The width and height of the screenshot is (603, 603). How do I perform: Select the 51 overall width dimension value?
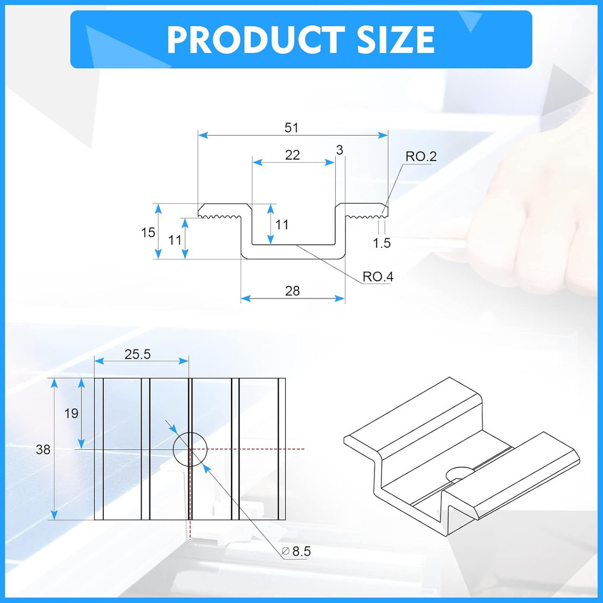pos(292,128)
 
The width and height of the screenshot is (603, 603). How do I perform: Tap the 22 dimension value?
pos(292,155)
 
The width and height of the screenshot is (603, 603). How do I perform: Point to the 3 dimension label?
pos(339,150)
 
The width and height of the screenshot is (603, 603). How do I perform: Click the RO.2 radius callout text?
pos(421,157)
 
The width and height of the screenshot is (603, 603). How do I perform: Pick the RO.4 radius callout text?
pos(378,277)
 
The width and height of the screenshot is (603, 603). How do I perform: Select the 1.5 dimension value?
pos(382,243)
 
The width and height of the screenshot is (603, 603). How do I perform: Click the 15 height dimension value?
pos(148,232)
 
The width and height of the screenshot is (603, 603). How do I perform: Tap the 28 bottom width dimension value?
pos(292,291)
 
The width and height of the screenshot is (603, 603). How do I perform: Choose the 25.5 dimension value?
pos(137,355)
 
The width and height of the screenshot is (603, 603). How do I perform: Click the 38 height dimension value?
pos(43,449)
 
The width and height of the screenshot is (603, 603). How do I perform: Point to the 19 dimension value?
pos(71,413)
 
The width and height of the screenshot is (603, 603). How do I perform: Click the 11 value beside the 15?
pos(175,239)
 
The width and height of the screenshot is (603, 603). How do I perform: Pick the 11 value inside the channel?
pos(282,225)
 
